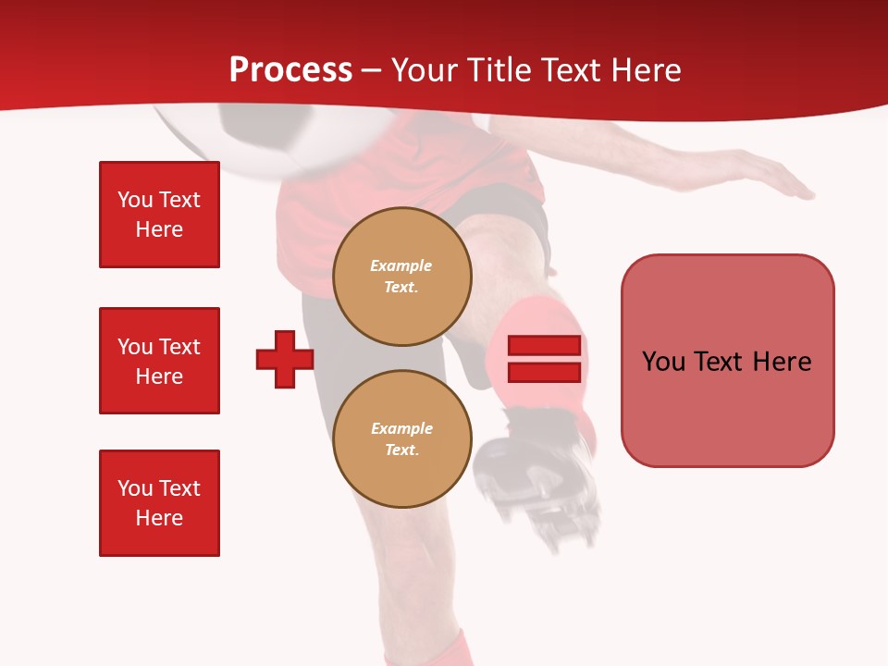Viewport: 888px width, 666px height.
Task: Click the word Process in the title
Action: (x=290, y=70)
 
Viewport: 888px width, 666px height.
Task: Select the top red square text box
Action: (x=159, y=215)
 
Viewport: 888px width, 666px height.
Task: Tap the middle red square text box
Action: (x=159, y=361)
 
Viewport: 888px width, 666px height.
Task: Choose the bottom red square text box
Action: (x=159, y=503)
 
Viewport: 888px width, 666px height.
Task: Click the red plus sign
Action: (x=285, y=359)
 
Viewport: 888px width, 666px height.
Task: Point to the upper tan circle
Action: (x=402, y=277)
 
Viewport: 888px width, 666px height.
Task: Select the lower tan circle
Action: (x=402, y=439)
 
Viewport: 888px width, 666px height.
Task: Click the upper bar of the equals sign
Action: (x=544, y=346)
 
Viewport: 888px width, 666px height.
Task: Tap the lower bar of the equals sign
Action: (x=544, y=373)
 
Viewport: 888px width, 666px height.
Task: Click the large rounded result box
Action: (x=727, y=361)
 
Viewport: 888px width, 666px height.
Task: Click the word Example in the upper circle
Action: (x=401, y=265)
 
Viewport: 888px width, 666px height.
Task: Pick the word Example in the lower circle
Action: (x=401, y=428)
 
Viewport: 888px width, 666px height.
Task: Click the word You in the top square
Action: (x=134, y=200)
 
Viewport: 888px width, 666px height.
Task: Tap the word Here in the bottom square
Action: (x=159, y=518)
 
